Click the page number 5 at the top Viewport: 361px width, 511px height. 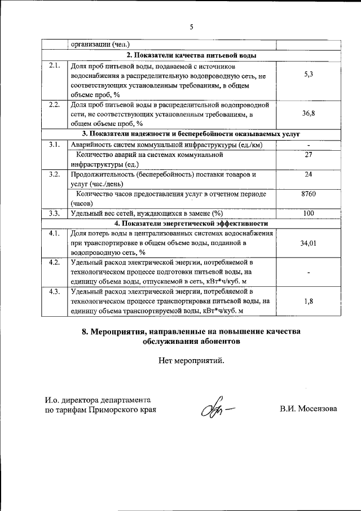pos(191,27)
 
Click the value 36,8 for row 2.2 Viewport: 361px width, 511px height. pos(308,113)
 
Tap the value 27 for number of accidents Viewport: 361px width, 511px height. pos(308,154)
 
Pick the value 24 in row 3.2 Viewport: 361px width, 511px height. pos(308,174)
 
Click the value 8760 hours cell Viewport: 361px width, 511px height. pos(308,194)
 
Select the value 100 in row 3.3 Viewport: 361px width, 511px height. pos(308,213)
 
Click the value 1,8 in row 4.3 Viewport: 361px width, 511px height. pos(308,301)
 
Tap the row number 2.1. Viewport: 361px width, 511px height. pos(55,65)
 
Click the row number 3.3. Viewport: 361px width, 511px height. pos(55,213)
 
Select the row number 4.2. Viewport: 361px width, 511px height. pos(55,262)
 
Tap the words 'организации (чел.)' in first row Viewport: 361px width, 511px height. pos(99,45)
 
